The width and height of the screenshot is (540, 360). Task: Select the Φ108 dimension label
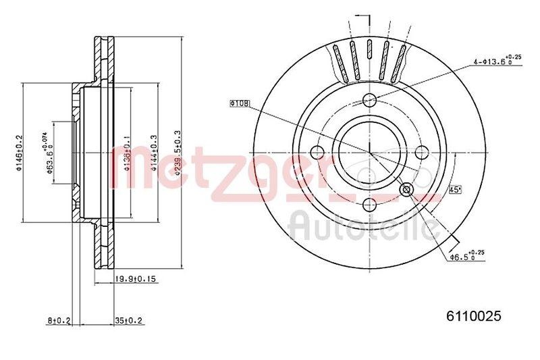pos(239,103)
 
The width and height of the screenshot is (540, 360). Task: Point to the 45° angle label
pos(454,190)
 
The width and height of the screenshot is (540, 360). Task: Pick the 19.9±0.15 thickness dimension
pos(136,278)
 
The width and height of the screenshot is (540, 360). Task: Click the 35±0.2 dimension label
pos(130,319)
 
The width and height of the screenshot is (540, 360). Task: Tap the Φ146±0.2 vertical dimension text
pos(20,153)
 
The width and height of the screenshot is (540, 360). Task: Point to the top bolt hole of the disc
pos(369,101)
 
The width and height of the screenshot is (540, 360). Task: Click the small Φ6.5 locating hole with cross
pos(406,190)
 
